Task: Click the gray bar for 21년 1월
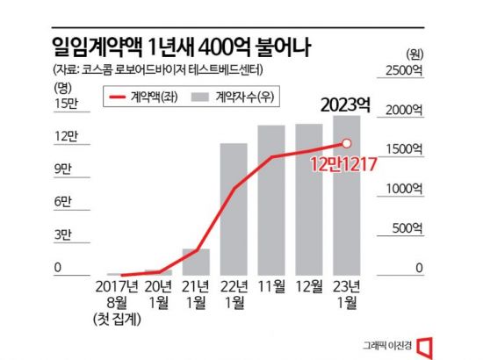[195, 262]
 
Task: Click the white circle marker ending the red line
[347, 143]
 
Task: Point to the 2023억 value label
[344, 105]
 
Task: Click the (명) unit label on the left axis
[61, 85]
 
